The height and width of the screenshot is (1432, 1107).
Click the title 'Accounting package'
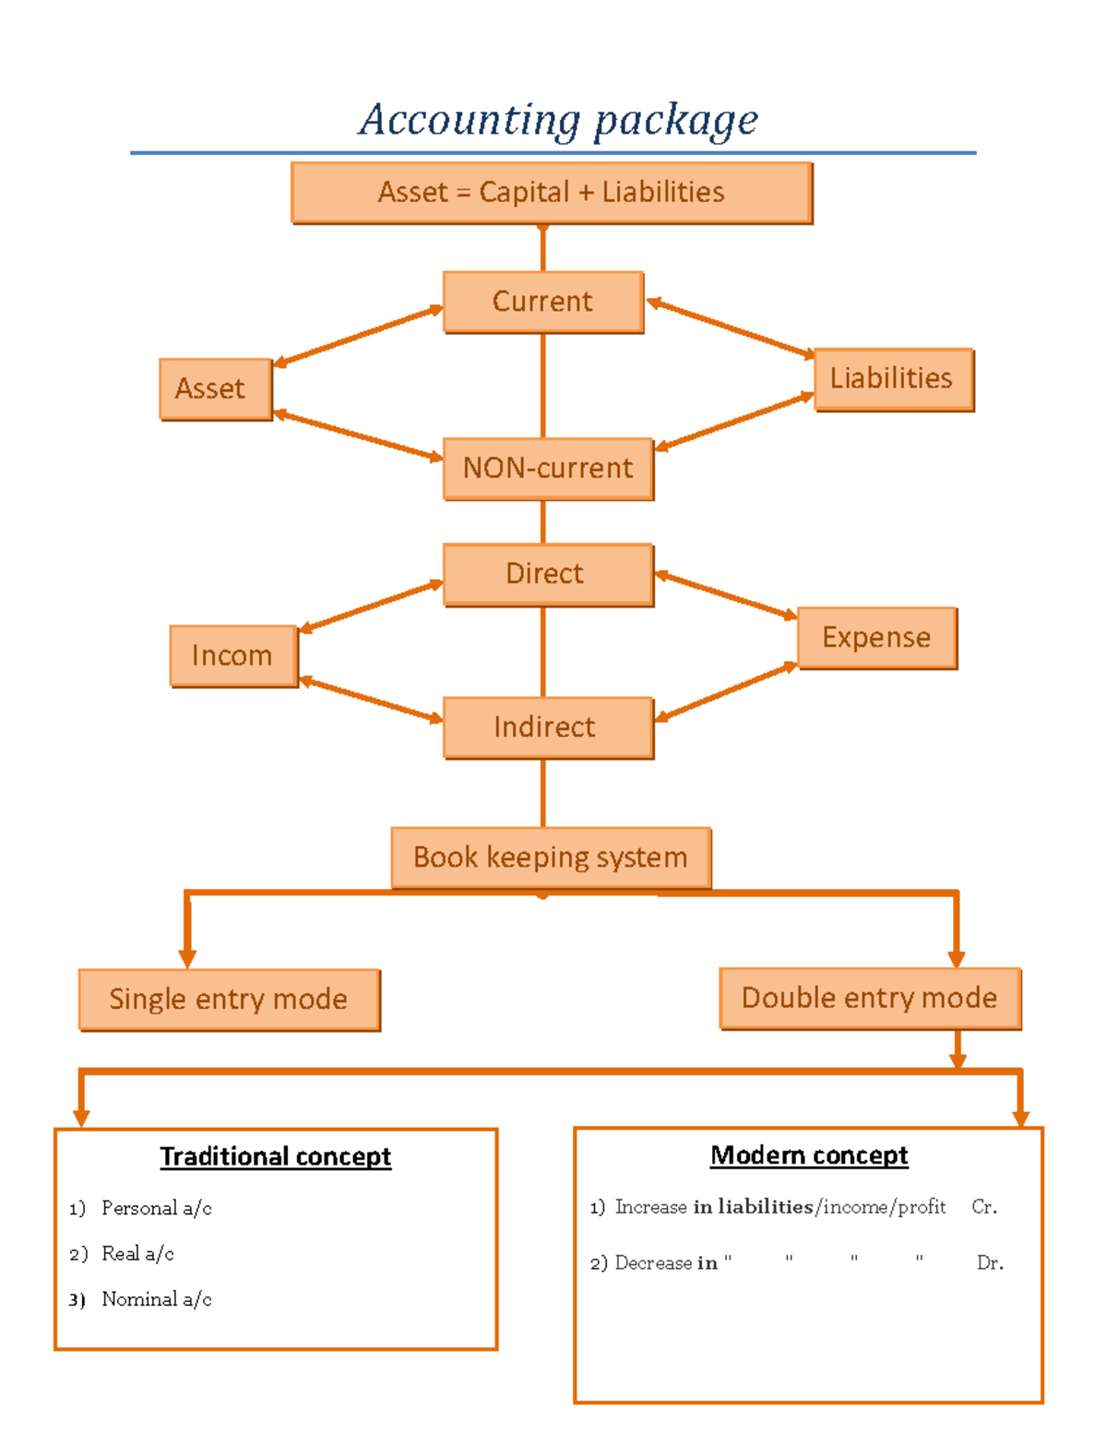[558, 120]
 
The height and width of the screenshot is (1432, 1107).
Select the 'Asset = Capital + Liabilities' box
[551, 192]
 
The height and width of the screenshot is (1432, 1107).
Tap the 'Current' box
[542, 302]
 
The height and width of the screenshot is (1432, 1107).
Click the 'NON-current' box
[548, 467]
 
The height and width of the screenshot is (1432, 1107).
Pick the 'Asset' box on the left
[215, 388]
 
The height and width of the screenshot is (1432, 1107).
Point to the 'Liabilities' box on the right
[893, 378]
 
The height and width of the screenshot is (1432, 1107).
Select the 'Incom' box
[232, 656]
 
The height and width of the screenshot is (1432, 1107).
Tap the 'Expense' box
[876, 637]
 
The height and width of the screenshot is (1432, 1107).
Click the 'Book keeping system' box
[551, 857]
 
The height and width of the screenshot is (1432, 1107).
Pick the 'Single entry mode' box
[229, 999]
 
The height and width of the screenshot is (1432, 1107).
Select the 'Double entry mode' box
[869, 998]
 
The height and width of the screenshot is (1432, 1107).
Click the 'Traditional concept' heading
[275, 1156]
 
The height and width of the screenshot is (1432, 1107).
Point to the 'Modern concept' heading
[809, 1154]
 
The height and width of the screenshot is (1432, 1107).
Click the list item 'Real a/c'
[137, 1253]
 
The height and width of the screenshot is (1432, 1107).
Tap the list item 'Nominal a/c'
[156, 1299]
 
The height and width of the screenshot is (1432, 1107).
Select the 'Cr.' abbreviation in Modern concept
[983, 1207]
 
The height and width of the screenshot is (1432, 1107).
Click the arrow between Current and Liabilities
[730, 328]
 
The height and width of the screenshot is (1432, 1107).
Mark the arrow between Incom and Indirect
[371, 700]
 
